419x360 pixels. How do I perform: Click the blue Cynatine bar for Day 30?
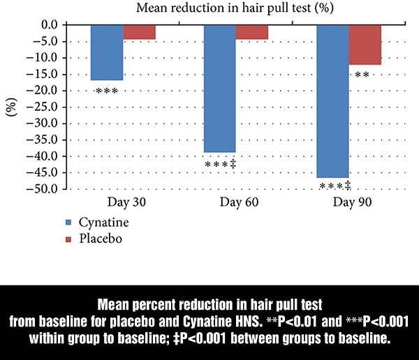click(x=107, y=52)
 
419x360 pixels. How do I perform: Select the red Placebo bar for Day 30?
click(x=139, y=32)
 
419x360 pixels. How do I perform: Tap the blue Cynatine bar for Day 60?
click(x=219, y=89)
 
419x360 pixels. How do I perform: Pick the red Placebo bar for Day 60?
click(x=251, y=32)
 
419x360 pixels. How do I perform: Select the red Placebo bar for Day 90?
click(x=365, y=45)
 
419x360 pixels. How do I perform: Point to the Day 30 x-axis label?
click(x=124, y=202)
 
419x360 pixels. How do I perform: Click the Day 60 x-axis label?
click(x=237, y=202)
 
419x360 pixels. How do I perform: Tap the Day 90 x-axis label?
click(x=349, y=202)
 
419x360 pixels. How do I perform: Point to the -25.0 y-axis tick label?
click(x=47, y=107)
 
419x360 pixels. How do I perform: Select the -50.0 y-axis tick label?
click(x=47, y=189)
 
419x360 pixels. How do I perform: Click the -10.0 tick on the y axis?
click(x=47, y=58)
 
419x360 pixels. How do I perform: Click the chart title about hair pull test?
click(x=212, y=9)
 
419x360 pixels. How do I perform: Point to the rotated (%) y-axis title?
click(x=12, y=105)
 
